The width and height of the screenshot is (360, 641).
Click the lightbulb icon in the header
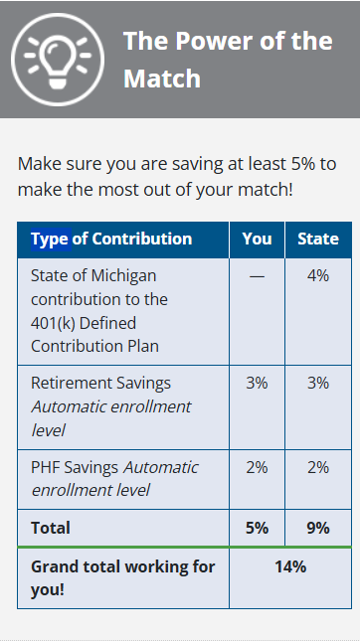[57, 58]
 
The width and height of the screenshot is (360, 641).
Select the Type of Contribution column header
[111, 239]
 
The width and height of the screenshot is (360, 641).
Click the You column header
[257, 239]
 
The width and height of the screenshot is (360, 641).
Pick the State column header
[318, 239]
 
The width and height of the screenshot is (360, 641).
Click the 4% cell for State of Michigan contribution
[318, 275]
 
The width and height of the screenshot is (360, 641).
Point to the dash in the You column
[257, 275]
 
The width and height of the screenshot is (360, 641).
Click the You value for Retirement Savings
[257, 383]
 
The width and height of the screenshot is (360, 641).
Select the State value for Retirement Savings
[318, 383]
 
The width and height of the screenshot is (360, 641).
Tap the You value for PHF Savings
[257, 467]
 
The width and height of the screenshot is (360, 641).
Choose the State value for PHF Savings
[318, 467]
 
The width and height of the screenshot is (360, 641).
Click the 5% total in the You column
[257, 528]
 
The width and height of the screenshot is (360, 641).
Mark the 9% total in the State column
[318, 528]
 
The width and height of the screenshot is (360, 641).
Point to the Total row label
[51, 528]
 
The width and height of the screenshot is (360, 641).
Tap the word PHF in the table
[46, 467]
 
